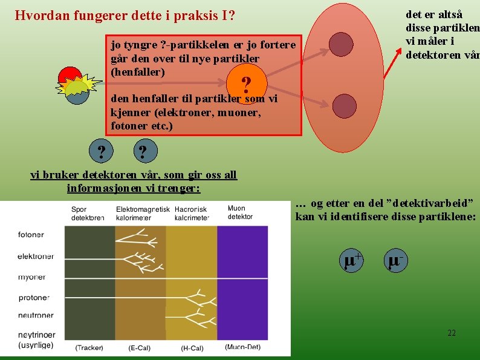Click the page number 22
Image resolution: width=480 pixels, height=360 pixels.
452,333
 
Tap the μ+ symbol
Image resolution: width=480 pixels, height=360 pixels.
353,260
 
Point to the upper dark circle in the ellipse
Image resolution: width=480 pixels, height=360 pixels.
341,44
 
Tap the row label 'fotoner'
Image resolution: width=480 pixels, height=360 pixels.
31,234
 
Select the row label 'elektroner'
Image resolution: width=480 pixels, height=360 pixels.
36,256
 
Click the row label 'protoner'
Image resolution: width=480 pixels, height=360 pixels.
34,298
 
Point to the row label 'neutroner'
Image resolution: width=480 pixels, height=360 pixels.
36,315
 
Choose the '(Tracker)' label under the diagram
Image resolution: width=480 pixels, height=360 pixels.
89,347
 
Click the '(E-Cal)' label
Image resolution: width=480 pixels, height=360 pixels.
140,348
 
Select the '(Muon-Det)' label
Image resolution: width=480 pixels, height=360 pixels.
242,347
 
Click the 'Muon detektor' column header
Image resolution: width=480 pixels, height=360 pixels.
240,212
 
